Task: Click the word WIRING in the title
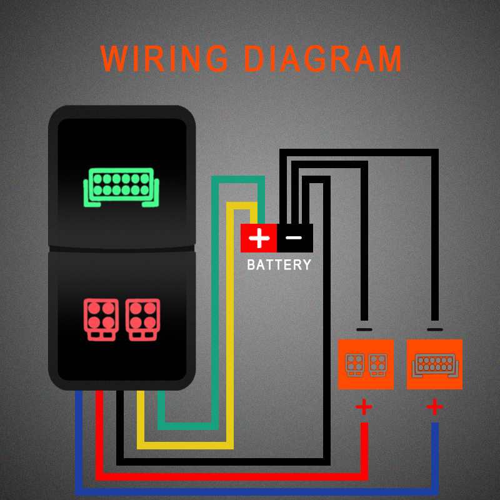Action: click(x=164, y=58)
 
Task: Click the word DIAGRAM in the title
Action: click(x=323, y=58)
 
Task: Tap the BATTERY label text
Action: click(x=279, y=264)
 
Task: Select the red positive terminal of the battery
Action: click(x=259, y=238)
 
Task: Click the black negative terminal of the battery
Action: click(x=295, y=238)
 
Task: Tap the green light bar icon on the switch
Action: click(x=121, y=187)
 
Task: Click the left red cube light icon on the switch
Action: click(x=101, y=319)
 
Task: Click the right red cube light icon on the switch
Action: click(x=142, y=319)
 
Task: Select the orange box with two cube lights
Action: click(x=366, y=364)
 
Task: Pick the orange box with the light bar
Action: click(x=434, y=364)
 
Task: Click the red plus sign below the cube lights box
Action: click(x=364, y=407)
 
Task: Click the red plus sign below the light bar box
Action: click(x=434, y=407)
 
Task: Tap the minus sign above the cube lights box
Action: click(x=364, y=330)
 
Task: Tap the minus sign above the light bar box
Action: click(x=434, y=330)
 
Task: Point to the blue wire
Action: click(x=255, y=492)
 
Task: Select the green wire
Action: click(x=215, y=303)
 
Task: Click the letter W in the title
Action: click(x=114, y=58)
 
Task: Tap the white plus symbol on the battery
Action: click(x=259, y=238)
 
